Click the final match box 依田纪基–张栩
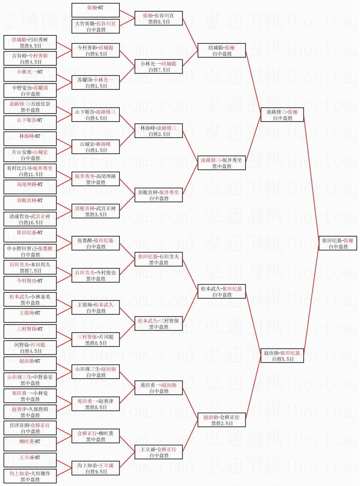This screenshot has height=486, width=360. click(338, 243)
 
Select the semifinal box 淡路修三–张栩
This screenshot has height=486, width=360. click(282, 115)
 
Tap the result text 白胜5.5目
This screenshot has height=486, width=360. click(283, 359)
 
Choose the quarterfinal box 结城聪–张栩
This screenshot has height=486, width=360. click(222, 50)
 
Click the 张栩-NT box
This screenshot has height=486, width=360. click(95, 10)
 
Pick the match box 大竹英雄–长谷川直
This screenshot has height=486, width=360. click(95, 26)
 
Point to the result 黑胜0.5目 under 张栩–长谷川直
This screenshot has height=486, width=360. click(159, 22)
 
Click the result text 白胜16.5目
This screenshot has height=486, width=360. click(31, 222)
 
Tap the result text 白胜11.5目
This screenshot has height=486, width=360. click(31, 174)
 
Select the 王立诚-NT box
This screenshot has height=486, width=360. click(30, 460)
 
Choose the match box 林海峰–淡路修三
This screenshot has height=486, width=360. click(159, 131)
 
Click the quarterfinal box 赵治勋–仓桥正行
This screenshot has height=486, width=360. click(222, 420)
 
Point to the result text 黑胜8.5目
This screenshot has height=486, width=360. click(96, 407)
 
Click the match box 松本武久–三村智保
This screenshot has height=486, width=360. click(159, 323)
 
